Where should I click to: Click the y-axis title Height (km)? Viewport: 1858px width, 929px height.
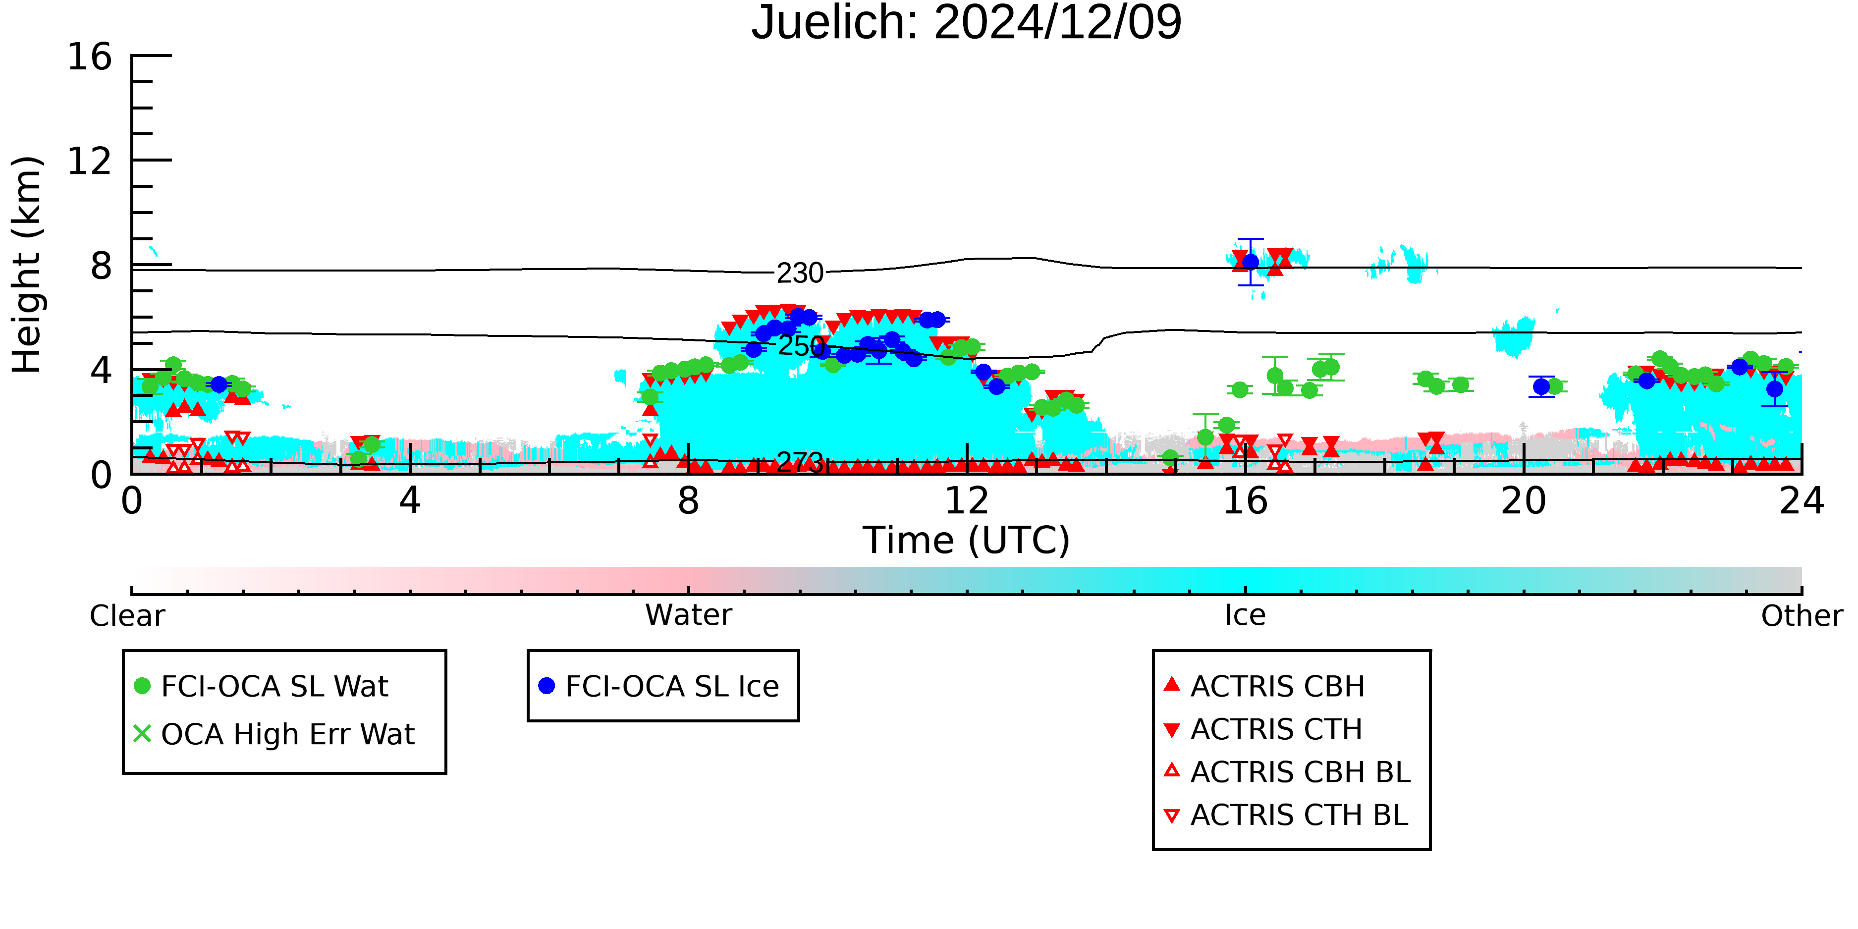point(27,265)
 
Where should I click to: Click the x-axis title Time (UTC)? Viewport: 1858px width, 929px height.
point(967,540)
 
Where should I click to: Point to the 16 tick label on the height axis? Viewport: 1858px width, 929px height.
point(90,56)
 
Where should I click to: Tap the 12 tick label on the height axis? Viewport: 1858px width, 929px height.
point(90,161)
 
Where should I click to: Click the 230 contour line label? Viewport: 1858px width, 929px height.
point(800,273)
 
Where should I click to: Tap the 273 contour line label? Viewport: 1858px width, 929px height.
point(800,462)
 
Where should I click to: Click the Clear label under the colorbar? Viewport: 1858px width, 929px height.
point(127,616)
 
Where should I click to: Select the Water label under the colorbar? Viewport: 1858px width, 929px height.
point(689,615)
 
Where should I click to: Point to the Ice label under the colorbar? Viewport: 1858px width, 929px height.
point(1245,615)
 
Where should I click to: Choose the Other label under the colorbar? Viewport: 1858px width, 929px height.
point(1802,616)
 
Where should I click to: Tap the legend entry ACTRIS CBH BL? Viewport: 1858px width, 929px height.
point(1288,772)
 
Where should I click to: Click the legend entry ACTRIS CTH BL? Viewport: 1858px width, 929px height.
point(1286,816)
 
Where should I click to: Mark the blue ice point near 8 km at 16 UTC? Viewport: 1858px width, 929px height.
point(1251,262)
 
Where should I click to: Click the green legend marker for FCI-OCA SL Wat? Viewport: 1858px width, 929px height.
point(143,686)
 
